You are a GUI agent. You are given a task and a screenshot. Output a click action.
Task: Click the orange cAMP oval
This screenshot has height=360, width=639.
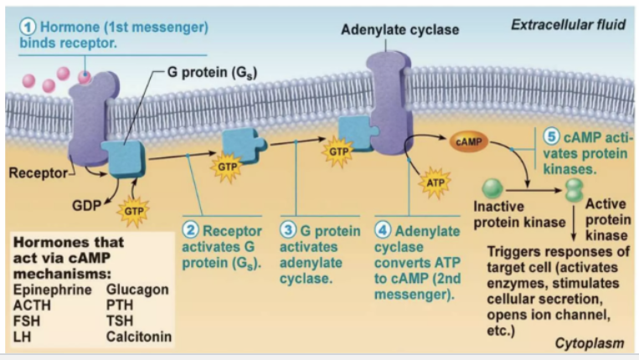tap(469, 141)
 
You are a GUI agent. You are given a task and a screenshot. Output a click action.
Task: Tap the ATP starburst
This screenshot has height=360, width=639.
tap(435, 183)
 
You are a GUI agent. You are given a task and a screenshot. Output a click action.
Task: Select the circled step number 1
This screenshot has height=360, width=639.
tap(28, 28)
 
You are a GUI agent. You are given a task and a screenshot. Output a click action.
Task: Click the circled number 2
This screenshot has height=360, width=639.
tap(190, 230)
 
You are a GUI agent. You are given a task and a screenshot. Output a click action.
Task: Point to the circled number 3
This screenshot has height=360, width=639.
tap(288, 230)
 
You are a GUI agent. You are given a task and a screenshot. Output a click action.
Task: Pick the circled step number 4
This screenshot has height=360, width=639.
tap(382, 230)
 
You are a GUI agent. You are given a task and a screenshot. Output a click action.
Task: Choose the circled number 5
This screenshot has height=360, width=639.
tap(551, 136)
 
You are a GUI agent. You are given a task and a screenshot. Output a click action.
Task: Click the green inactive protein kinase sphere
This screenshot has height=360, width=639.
tap(492, 188)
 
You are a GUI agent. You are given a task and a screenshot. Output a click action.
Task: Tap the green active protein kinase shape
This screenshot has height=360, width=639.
tap(575, 190)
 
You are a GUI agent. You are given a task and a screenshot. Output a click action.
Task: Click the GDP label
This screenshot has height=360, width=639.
tap(86, 206)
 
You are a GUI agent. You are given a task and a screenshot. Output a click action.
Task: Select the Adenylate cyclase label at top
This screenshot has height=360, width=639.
tap(400, 30)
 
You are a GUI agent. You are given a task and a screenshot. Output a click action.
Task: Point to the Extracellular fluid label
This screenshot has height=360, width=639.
tap(568, 25)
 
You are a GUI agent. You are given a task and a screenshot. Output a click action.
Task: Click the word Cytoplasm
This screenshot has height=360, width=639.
tap(590, 343)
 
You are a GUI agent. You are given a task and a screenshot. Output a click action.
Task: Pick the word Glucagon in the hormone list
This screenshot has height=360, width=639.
tap(137, 290)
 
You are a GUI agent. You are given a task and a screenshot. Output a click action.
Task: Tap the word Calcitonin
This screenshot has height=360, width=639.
tap(139, 337)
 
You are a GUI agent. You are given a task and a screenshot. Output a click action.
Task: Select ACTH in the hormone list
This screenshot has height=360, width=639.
tap(32, 306)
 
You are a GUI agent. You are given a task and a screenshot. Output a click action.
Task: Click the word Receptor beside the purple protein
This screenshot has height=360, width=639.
tap(38, 173)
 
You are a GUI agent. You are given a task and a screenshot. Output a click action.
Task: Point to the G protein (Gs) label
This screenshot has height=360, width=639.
tap(213, 73)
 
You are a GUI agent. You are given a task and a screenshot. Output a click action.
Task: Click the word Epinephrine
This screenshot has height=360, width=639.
tap(53, 290)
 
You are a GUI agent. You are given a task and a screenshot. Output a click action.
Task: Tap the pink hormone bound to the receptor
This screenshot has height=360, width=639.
tap(85, 76)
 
